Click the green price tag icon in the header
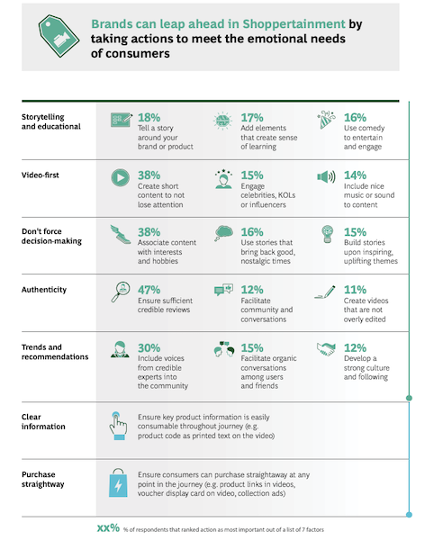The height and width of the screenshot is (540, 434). click(x=59, y=36)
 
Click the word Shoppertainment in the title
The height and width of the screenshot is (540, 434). click(x=294, y=24)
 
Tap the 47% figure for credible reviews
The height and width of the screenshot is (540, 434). click(x=149, y=290)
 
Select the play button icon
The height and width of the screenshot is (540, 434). click(x=121, y=177)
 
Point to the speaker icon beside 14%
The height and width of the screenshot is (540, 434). click(x=326, y=177)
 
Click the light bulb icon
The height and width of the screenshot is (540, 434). click(x=328, y=234)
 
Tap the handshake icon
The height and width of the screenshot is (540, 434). click(x=326, y=349)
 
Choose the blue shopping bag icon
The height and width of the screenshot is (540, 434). click(x=118, y=482)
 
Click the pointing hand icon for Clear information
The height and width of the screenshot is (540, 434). click(x=118, y=426)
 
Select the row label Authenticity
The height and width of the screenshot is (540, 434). click(x=44, y=290)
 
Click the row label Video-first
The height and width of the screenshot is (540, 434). click(x=41, y=175)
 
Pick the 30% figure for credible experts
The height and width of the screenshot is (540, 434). click(x=149, y=347)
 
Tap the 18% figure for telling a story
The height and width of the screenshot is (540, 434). click(x=149, y=117)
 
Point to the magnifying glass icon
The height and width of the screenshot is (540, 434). click(x=121, y=292)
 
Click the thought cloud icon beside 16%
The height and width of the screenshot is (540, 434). click(x=223, y=233)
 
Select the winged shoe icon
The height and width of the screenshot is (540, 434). click(x=121, y=234)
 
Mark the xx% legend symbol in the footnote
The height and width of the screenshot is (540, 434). click(x=108, y=528)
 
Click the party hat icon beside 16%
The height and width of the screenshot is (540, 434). click(x=326, y=120)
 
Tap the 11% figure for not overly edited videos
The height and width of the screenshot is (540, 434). click(x=355, y=290)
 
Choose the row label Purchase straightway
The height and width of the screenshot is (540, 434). click(x=43, y=479)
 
